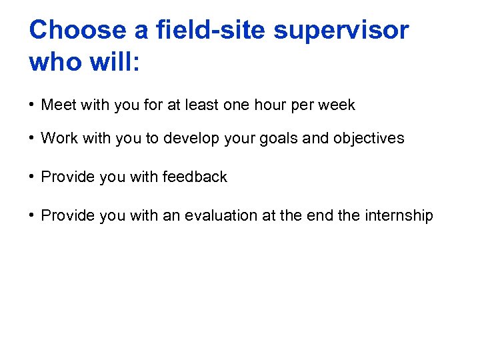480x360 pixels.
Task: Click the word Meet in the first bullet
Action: click(x=58, y=105)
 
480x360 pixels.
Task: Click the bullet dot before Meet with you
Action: click(x=32, y=105)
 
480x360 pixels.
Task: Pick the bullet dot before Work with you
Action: click(x=32, y=138)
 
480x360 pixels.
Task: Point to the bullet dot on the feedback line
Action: click(x=32, y=177)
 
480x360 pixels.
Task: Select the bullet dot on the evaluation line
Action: click(x=32, y=215)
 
